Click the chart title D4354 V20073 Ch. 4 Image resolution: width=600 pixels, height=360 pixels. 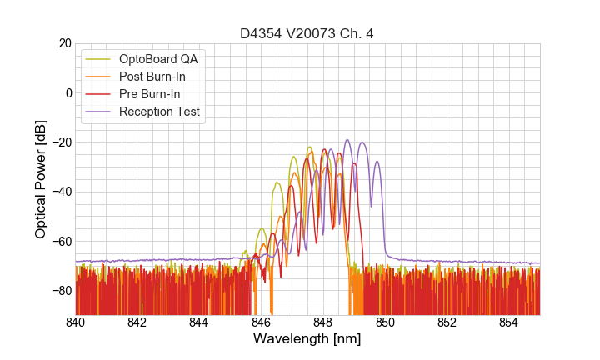click(x=307, y=34)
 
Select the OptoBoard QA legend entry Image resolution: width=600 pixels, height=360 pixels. click(x=158, y=59)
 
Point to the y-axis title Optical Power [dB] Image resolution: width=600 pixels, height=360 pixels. click(x=40, y=179)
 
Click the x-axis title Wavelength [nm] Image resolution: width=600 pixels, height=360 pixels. click(x=307, y=339)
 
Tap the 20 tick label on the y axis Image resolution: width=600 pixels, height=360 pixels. click(x=63, y=43)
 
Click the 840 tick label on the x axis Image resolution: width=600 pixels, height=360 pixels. click(x=76, y=322)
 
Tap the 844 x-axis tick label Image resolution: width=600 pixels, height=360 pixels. click(x=199, y=322)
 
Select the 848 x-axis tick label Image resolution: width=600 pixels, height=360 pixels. click(x=323, y=322)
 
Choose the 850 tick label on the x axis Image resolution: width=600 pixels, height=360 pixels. click(x=385, y=322)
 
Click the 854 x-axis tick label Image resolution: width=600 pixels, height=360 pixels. click(x=509, y=322)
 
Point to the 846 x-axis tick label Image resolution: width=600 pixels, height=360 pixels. click(x=262, y=322)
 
